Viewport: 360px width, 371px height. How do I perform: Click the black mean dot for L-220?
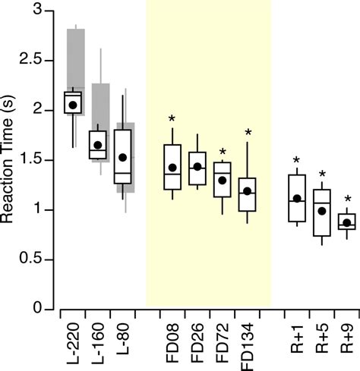tap(73, 105)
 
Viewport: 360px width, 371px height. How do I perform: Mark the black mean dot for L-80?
tap(122, 158)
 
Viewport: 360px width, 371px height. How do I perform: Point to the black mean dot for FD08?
tap(172, 168)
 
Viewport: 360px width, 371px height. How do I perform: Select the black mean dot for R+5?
tap(322, 211)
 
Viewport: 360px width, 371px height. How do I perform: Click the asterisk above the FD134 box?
tap(248, 134)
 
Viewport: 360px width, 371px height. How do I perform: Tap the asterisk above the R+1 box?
tap(297, 160)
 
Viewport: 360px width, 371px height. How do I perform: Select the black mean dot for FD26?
tap(197, 167)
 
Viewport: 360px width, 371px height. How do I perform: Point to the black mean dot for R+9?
tap(346, 223)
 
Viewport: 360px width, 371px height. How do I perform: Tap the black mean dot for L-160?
tap(98, 145)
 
